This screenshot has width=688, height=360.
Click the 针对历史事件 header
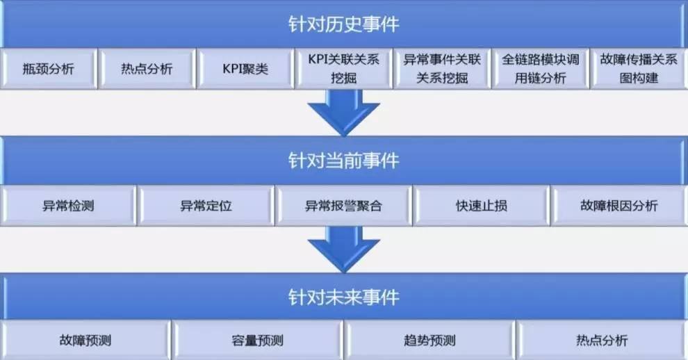click(343, 24)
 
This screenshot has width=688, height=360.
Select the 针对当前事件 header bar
click(343, 161)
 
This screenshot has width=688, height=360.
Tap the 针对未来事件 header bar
click(343, 297)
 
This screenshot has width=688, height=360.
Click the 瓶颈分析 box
click(48, 69)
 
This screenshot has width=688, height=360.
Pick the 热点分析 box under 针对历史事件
click(146, 69)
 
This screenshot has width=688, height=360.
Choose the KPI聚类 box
click(245, 69)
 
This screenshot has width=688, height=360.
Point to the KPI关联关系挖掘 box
click(343, 69)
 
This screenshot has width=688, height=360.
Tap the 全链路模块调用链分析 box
click(540, 69)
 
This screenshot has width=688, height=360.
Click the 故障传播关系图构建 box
click(638, 69)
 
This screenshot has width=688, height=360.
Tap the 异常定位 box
click(206, 206)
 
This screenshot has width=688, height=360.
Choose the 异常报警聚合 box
click(343, 206)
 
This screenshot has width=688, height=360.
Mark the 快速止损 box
click(481, 206)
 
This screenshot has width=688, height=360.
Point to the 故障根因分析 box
click(619, 206)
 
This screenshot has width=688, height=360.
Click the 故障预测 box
click(85, 341)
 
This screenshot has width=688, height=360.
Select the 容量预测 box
click(257, 341)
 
